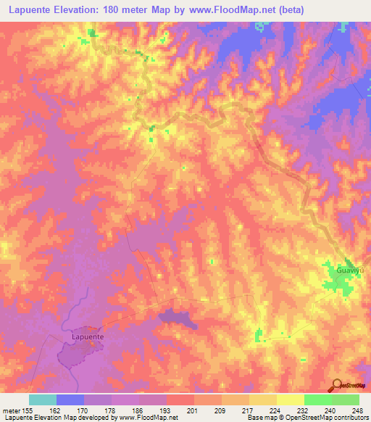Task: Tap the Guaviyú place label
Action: (x=349, y=270)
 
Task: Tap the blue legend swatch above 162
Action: (x=70, y=400)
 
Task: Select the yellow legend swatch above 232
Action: (x=290, y=400)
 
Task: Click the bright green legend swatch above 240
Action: (x=317, y=400)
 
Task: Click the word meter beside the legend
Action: (x=12, y=409)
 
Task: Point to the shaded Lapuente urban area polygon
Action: (x=78, y=354)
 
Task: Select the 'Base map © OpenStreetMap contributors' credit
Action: (x=304, y=418)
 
